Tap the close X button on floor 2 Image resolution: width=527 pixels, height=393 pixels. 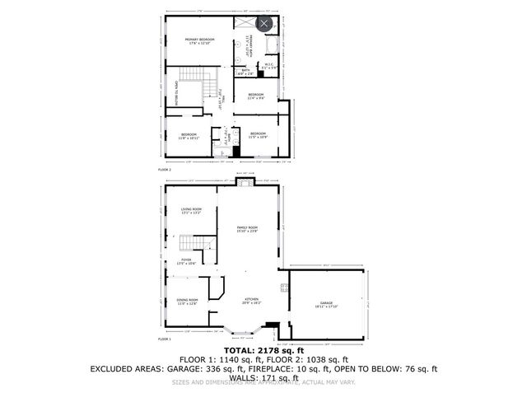pyautogui.click(x=263, y=24)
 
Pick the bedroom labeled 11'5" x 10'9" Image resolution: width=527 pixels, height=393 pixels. pyautogui.click(x=258, y=134)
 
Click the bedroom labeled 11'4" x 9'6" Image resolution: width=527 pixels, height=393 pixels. pyautogui.click(x=256, y=96)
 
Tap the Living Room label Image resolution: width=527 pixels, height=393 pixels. pyautogui.click(x=191, y=211)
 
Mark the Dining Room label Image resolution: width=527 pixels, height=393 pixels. pyautogui.click(x=187, y=302)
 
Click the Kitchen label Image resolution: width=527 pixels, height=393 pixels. pyautogui.click(x=251, y=301)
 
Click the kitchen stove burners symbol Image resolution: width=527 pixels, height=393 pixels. pyautogui.click(x=284, y=288)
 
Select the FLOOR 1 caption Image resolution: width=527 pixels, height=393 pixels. pyautogui.click(x=166, y=339)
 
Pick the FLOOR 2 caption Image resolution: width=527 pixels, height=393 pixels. pyautogui.click(x=165, y=169)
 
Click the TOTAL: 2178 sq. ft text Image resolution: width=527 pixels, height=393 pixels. pyautogui.click(x=263, y=349)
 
